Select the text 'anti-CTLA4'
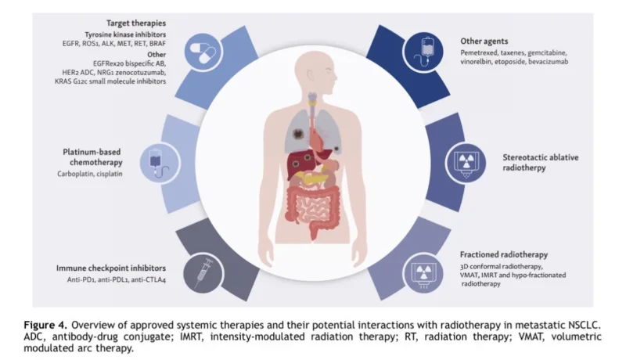(146, 279)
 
